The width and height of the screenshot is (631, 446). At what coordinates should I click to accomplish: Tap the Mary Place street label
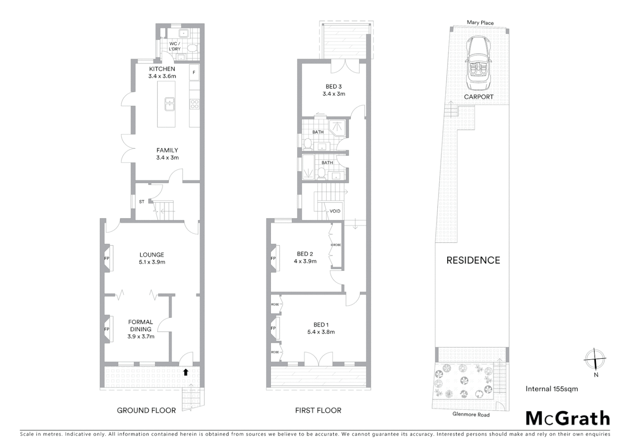(x=480, y=23)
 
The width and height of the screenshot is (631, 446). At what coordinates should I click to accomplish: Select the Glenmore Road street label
(x=471, y=414)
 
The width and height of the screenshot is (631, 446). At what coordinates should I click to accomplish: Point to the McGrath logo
(x=568, y=418)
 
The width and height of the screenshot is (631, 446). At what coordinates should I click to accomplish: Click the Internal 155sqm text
(x=552, y=389)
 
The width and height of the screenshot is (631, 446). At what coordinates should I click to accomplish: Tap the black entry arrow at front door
(x=186, y=372)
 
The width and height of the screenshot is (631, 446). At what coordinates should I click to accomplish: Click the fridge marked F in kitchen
(x=194, y=73)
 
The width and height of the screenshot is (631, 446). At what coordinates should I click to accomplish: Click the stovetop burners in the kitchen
(x=194, y=104)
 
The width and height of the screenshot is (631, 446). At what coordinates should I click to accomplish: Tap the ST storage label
(x=142, y=202)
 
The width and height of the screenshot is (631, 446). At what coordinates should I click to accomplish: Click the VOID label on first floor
(x=335, y=211)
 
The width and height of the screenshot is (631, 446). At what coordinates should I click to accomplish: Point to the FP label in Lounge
(x=107, y=259)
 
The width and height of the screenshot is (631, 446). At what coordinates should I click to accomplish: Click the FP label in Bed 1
(x=273, y=328)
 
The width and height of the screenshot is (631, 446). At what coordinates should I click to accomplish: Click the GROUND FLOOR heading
(x=146, y=410)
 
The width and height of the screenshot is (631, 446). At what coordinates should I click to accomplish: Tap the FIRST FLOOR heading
(x=318, y=410)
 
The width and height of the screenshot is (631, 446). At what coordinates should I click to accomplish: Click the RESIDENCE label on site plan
(x=473, y=260)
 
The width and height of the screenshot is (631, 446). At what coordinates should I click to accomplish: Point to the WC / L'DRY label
(x=175, y=46)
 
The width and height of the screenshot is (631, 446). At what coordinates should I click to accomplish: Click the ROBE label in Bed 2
(x=336, y=245)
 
